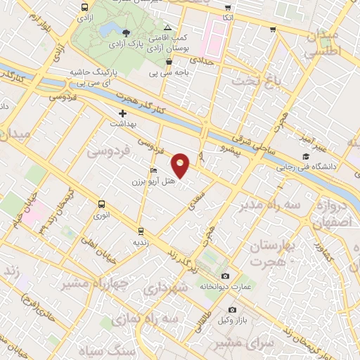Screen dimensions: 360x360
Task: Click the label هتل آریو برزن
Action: coord(148,182)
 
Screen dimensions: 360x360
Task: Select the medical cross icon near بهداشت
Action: coord(123,113)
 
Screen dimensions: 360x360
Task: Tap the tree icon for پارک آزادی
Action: coord(126,33)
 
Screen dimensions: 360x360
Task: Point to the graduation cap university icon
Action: coord(306,157)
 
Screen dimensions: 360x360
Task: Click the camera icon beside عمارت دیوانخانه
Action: coord(225,276)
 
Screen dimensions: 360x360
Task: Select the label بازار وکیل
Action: coord(232,321)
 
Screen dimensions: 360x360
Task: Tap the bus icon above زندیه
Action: coord(141,230)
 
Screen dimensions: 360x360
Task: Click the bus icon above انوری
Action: coord(103,206)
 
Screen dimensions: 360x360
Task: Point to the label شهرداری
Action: coord(166,289)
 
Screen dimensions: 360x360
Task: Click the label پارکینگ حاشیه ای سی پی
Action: coord(90,77)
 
